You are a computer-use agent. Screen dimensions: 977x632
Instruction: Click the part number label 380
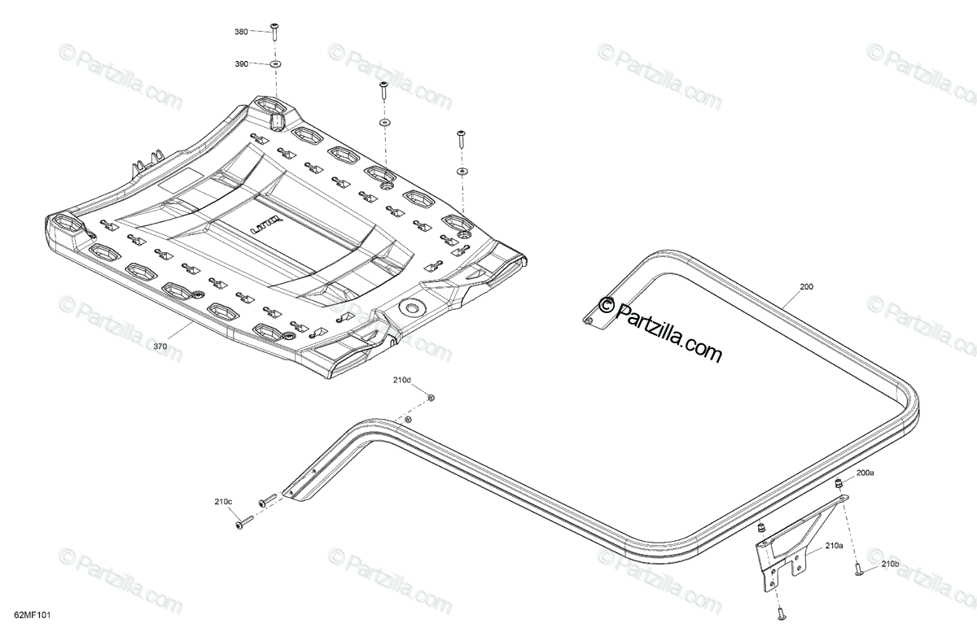tap(241, 32)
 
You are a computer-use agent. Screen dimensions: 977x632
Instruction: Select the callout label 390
tap(241, 63)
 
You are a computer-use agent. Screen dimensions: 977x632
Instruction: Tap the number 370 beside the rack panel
tap(160, 347)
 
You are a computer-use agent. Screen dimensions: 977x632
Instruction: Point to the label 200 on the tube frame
tap(806, 287)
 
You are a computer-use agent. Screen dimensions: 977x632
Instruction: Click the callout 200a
tap(864, 473)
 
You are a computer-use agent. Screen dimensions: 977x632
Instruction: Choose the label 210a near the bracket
tap(833, 546)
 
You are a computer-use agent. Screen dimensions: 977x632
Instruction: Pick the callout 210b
tap(890, 564)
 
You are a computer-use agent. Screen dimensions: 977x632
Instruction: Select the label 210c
tap(221, 502)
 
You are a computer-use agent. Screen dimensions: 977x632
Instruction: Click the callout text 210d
tap(402, 380)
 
